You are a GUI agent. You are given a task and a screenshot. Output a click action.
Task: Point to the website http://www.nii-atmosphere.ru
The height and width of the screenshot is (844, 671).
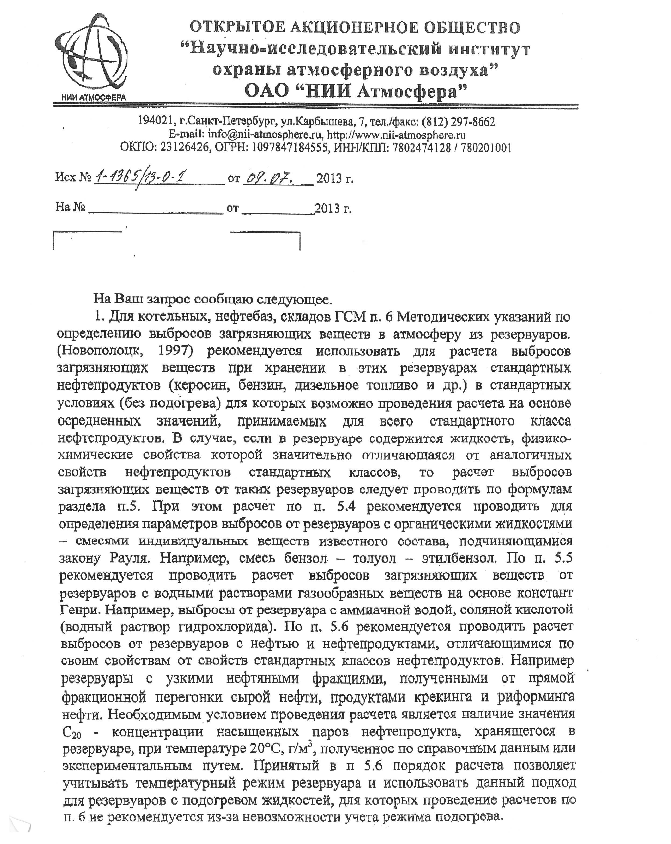tap(396, 135)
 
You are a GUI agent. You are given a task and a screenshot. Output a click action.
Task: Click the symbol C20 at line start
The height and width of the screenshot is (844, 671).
tap(71, 732)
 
